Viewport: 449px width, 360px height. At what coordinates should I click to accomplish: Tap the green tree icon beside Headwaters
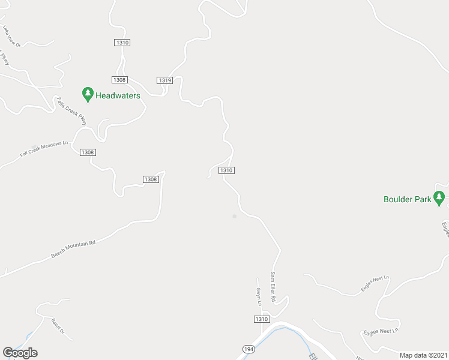88,94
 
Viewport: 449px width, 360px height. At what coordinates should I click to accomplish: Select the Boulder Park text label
408,200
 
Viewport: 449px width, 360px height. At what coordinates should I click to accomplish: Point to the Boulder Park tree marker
439,197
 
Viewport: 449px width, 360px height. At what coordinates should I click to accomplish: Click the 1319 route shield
165,80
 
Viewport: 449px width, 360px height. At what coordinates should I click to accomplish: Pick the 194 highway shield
249,349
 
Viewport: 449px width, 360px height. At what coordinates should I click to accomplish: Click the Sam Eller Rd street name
273,286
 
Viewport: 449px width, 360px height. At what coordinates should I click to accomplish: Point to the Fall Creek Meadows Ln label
45,149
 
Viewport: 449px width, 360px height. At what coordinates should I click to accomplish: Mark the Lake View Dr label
11,37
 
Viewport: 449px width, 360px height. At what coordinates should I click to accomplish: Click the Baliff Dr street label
58,326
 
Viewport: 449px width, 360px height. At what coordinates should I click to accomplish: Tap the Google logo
20,353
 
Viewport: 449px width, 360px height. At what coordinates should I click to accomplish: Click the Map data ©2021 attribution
423,355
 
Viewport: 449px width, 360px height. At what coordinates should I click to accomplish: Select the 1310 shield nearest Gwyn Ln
261,319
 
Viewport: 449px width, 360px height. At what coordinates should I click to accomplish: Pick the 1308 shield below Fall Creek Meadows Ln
87,152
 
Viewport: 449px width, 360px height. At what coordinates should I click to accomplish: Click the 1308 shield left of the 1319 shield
119,80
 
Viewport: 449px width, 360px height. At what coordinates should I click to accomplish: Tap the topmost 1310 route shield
122,43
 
